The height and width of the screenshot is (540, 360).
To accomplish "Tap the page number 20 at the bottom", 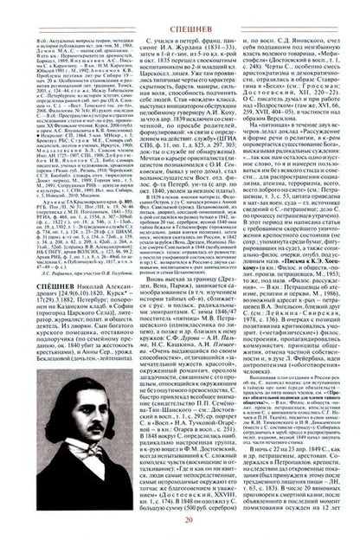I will (x=179, y=528).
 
